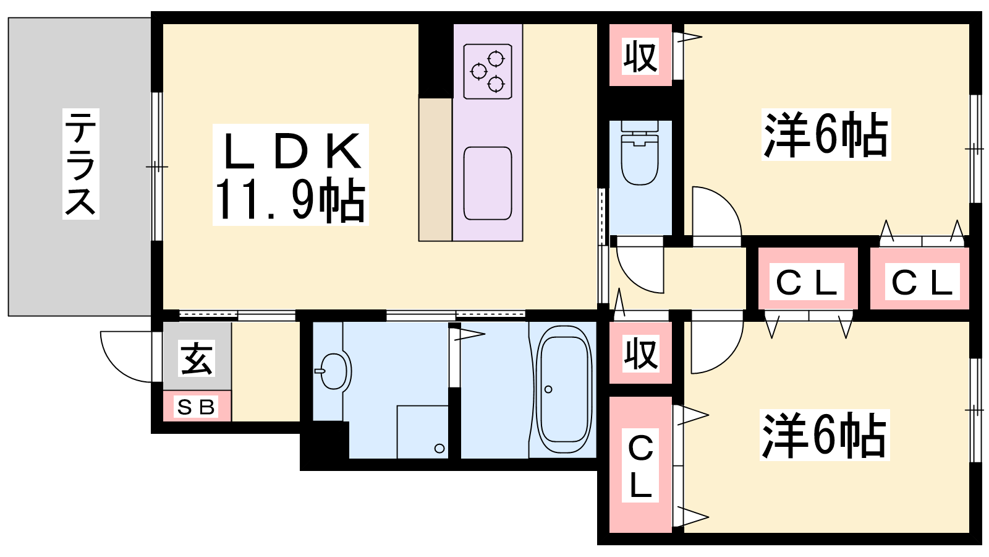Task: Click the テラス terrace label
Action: [81, 164]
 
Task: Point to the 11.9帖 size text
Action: [290, 201]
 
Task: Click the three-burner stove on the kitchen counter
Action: [488, 71]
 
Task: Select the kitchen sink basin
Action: [488, 183]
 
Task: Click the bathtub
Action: [563, 389]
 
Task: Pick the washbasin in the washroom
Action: [333, 371]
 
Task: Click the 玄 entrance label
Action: [197, 358]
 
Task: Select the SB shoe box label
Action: [196, 407]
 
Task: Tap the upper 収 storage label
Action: [640, 56]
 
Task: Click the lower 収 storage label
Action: [640, 353]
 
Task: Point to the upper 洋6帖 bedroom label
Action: [826, 134]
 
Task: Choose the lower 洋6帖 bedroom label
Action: [824, 435]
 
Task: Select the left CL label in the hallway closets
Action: [807, 282]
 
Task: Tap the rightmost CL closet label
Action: [922, 282]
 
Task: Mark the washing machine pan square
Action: [423, 432]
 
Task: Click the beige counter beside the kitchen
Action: [435, 170]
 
